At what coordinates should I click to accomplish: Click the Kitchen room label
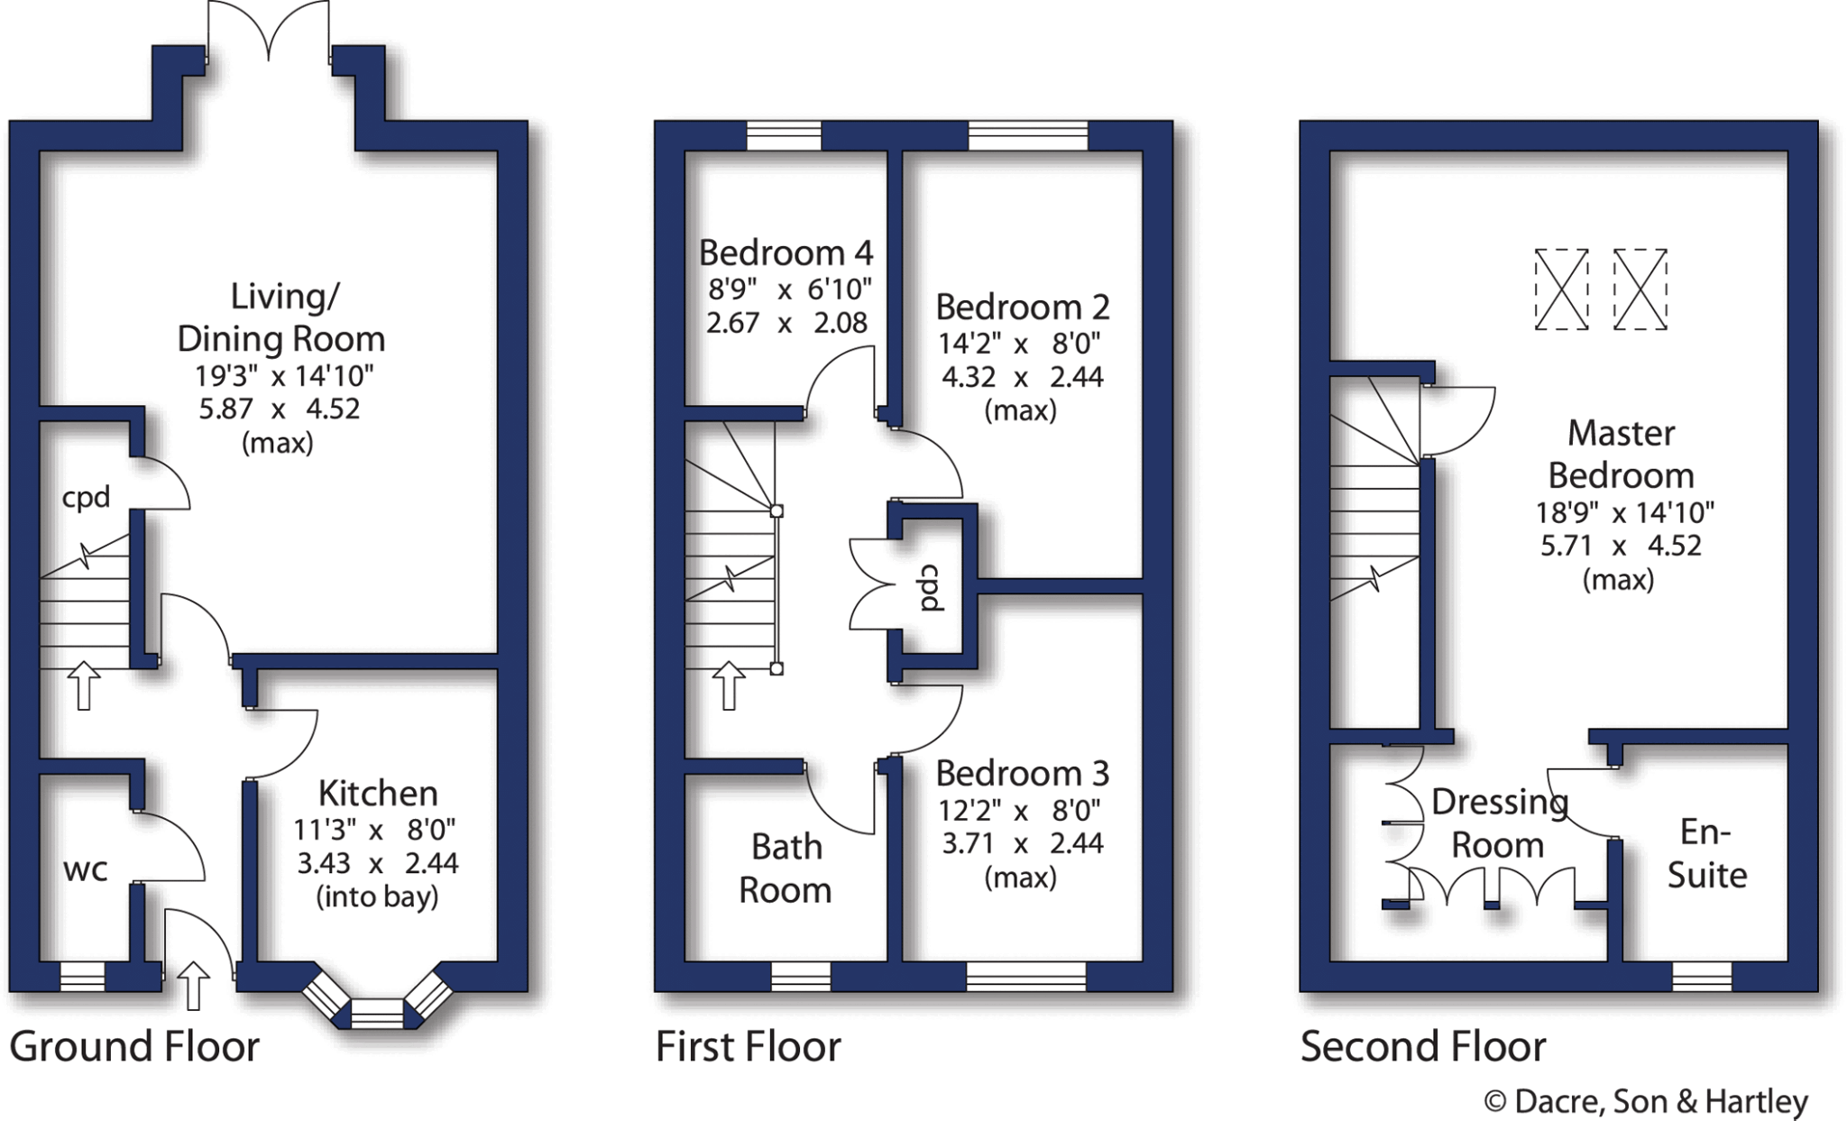[x=378, y=794]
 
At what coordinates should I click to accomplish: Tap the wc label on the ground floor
[x=86, y=870]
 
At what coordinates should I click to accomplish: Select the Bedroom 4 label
[x=786, y=253]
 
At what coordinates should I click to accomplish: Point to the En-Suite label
[x=1706, y=853]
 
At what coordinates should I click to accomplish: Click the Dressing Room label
[x=1499, y=823]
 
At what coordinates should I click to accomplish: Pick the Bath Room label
[x=786, y=868]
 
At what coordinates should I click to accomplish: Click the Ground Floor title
[x=134, y=1047]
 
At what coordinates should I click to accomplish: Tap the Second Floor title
[x=1423, y=1047]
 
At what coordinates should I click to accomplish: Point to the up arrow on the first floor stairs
[x=729, y=685]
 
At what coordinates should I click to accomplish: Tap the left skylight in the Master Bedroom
[x=1561, y=289]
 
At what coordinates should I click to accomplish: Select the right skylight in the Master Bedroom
[x=1640, y=289]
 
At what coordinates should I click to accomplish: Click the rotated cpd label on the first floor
[x=931, y=588]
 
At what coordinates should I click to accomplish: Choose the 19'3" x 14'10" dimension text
[x=284, y=375]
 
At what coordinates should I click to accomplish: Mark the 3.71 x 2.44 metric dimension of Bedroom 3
[x=1022, y=844]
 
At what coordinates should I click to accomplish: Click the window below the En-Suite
[x=1702, y=977]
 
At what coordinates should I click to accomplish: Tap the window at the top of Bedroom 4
[x=785, y=135]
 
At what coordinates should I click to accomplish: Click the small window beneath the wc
[x=82, y=977]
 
